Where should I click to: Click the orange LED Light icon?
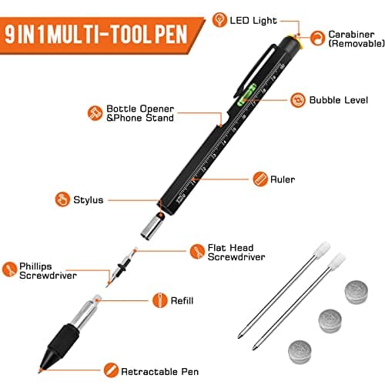tap(219, 19)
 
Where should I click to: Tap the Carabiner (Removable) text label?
tap(351, 40)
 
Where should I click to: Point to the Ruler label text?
tap(283, 179)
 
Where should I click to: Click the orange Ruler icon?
tap(259, 179)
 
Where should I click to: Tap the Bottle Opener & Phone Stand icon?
tap(96, 112)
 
